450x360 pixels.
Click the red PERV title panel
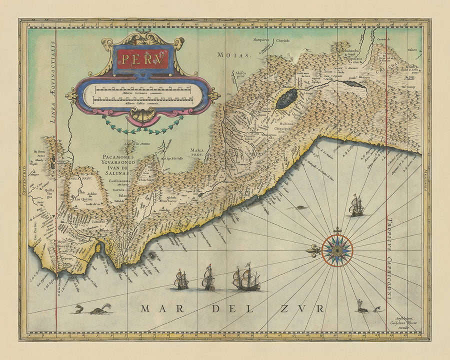(143, 59)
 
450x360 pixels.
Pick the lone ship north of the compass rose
(356, 206)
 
